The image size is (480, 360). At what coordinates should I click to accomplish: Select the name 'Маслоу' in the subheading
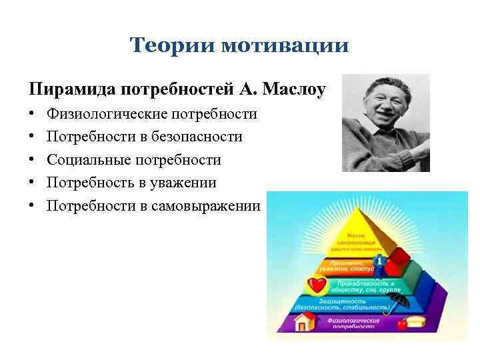(x=295, y=88)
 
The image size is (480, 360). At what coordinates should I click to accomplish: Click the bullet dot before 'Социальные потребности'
(x=32, y=160)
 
